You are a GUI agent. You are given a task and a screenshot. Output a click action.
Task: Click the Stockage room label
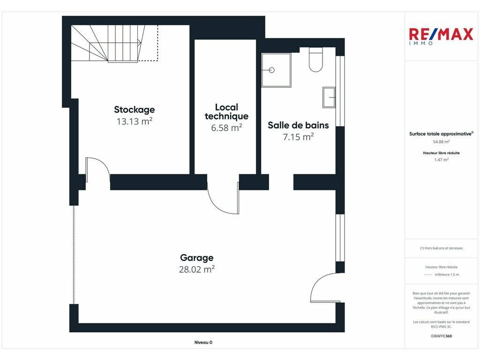point(135,110)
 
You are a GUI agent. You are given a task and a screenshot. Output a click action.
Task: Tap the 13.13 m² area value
point(135,121)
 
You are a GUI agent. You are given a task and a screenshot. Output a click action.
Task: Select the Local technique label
point(226,112)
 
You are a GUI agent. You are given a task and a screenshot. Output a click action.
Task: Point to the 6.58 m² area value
point(226,127)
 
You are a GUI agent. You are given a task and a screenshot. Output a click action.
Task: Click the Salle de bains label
point(298,125)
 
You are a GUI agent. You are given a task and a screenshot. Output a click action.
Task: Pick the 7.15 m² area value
point(298,137)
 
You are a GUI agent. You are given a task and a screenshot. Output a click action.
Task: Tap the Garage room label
point(196,258)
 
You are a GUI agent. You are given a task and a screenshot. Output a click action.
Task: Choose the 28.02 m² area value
point(196,270)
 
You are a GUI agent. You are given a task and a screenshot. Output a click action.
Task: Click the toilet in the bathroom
point(315,60)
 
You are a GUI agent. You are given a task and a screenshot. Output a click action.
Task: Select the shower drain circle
point(271,70)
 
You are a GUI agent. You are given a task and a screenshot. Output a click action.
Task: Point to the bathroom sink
point(329,97)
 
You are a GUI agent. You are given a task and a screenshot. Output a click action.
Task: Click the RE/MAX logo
point(441,36)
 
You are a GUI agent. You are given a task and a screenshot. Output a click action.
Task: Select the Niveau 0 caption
point(203,343)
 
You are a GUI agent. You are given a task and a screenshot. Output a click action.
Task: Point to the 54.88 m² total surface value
point(441,142)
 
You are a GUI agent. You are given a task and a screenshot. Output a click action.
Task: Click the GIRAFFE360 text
point(441,336)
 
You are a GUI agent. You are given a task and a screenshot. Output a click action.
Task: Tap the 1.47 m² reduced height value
point(441,159)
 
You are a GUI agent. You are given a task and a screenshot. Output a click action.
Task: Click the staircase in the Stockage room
point(114,44)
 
